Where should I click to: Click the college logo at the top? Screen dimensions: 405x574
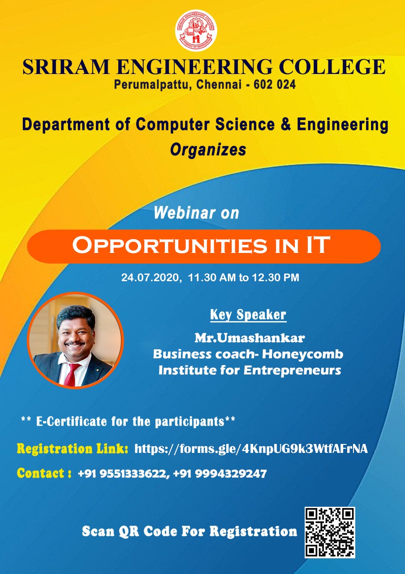pos(196,30)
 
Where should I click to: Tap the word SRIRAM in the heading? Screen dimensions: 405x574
pos(66,67)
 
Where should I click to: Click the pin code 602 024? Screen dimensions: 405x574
pos(275,84)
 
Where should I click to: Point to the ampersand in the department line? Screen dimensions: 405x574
pos(286,125)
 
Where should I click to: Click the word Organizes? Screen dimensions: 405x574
pos(208,150)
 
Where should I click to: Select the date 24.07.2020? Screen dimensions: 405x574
pos(150,278)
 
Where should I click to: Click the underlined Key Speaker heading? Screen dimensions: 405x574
pos(248,315)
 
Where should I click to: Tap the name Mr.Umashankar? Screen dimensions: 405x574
pos(250,338)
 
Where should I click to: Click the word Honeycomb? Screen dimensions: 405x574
pos(302,355)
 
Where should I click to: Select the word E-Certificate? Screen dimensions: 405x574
pos(71,422)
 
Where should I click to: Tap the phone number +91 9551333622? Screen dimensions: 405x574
pos(123,473)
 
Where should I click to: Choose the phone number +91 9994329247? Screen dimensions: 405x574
pos(220,473)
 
